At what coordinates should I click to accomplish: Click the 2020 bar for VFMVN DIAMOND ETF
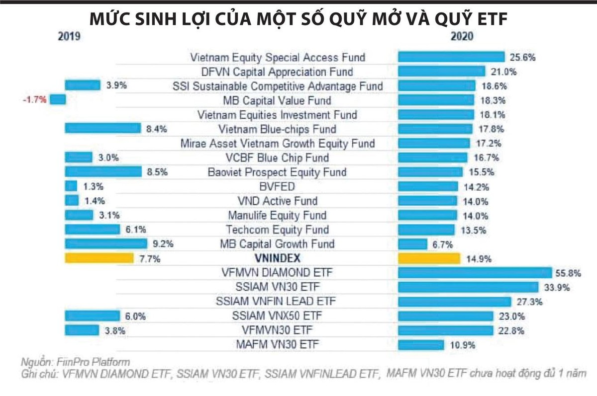pyautogui.click(x=475, y=273)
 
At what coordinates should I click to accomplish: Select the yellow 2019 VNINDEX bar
pyautogui.click(x=99, y=258)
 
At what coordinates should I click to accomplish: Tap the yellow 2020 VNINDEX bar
pyautogui.click(x=429, y=258)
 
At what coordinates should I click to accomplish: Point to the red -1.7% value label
pyautogui.click(x=35, y=100)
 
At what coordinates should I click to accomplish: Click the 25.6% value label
pyautogui.click(x=522, y=57)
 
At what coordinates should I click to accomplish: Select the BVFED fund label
pyautogui.click(x=278, y=187)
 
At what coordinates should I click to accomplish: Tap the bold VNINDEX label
pyautogui.click(x=277, y=258)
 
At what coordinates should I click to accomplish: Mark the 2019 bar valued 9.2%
pyautogui.click(x=106, y=244)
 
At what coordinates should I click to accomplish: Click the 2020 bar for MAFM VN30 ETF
pyautogui.click(x=421, y=344)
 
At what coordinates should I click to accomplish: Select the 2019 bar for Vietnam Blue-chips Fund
pyautogui.click(x=103, y=129)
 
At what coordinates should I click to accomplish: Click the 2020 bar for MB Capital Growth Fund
pyautogui.click(x=412, y=244)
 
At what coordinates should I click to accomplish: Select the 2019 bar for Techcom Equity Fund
pyautogui.click(x=93, y=230)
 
